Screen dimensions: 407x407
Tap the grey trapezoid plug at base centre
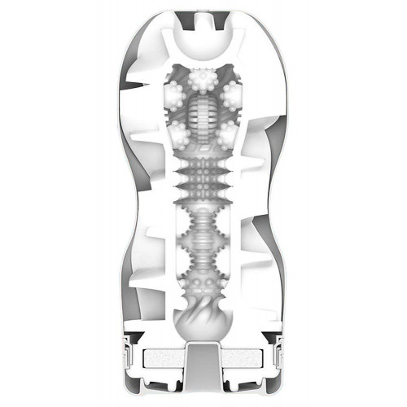(203, 358)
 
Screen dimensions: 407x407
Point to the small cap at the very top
(203, 14)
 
